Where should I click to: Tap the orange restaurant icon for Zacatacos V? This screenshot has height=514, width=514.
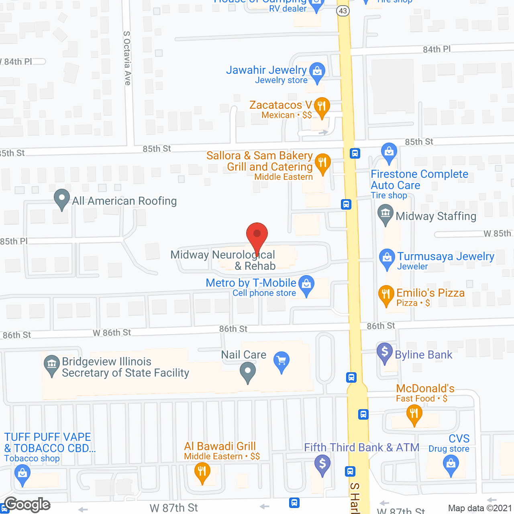[x=322, y=107]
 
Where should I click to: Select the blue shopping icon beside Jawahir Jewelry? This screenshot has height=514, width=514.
[x=317, y=72]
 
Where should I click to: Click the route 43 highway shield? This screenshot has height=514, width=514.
[x=343, y=11]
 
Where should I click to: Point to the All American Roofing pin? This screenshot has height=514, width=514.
[x=61, y=198]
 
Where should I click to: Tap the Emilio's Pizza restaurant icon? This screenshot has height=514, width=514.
[x=386, y=294]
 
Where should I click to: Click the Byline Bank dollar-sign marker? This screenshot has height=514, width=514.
[x=385, y=352]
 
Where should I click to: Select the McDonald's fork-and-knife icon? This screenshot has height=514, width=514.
[x=414, y=414]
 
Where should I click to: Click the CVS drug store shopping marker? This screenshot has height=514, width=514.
[x=451, y=465]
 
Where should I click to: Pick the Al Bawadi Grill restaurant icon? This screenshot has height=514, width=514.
[x=202, y=472]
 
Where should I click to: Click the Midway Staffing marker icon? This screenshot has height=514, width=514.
[x=385, y=214]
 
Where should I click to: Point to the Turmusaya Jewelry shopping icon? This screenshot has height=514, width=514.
[x=387, y=258]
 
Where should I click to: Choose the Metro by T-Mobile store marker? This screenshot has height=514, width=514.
[x=307, y=284]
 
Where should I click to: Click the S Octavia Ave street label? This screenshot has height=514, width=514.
[x=127, y=58]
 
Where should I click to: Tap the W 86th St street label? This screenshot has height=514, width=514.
[x=112, y=333]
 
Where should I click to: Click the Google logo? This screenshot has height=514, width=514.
[x=27, y=505]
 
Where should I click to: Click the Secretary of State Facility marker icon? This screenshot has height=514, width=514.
[x=51, y=365]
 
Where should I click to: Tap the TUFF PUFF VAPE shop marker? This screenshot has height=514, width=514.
[x=22, y=474]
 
